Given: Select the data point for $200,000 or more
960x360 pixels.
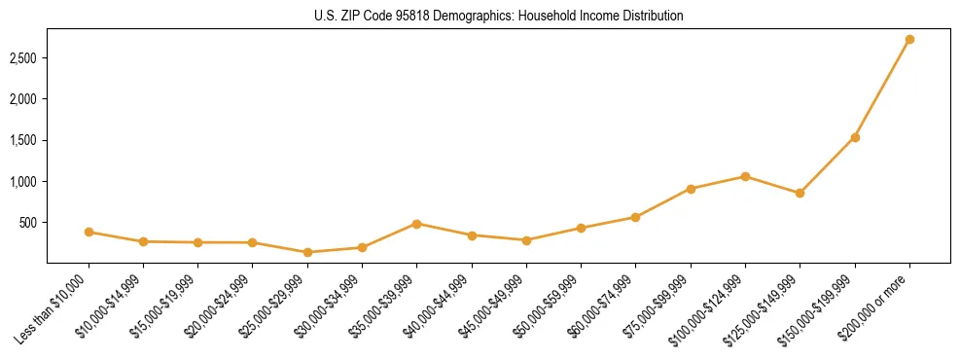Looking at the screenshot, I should click(x=909, y=40).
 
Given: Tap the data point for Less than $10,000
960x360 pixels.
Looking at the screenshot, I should click(x=89, y=232).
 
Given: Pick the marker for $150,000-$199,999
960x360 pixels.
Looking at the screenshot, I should click(x=855, y=137).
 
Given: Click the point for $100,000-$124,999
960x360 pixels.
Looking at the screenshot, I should click(x=745, y=176).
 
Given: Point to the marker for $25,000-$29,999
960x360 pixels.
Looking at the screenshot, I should click(x=307, y=252).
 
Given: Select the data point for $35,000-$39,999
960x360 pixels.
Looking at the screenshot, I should click(x=416, y=224).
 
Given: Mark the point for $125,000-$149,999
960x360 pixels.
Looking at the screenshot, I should click(x=800, y=193).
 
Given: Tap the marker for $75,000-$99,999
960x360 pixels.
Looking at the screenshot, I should click(x=691, y=189).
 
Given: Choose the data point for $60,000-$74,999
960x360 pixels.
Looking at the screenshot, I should click(x=635, y=217).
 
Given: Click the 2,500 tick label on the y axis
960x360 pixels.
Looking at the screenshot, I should click(x=22, y=58).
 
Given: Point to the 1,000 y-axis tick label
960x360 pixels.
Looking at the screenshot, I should click(x=22, y=182).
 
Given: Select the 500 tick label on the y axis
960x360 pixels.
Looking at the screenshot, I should click(x=27, y=223).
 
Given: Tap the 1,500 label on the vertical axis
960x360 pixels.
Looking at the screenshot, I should click(x=22, y=140).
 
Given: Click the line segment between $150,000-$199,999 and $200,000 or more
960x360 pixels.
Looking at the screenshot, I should click(x=882, y=89).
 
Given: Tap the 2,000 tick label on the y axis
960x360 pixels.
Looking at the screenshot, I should click(x=22, y=99).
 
